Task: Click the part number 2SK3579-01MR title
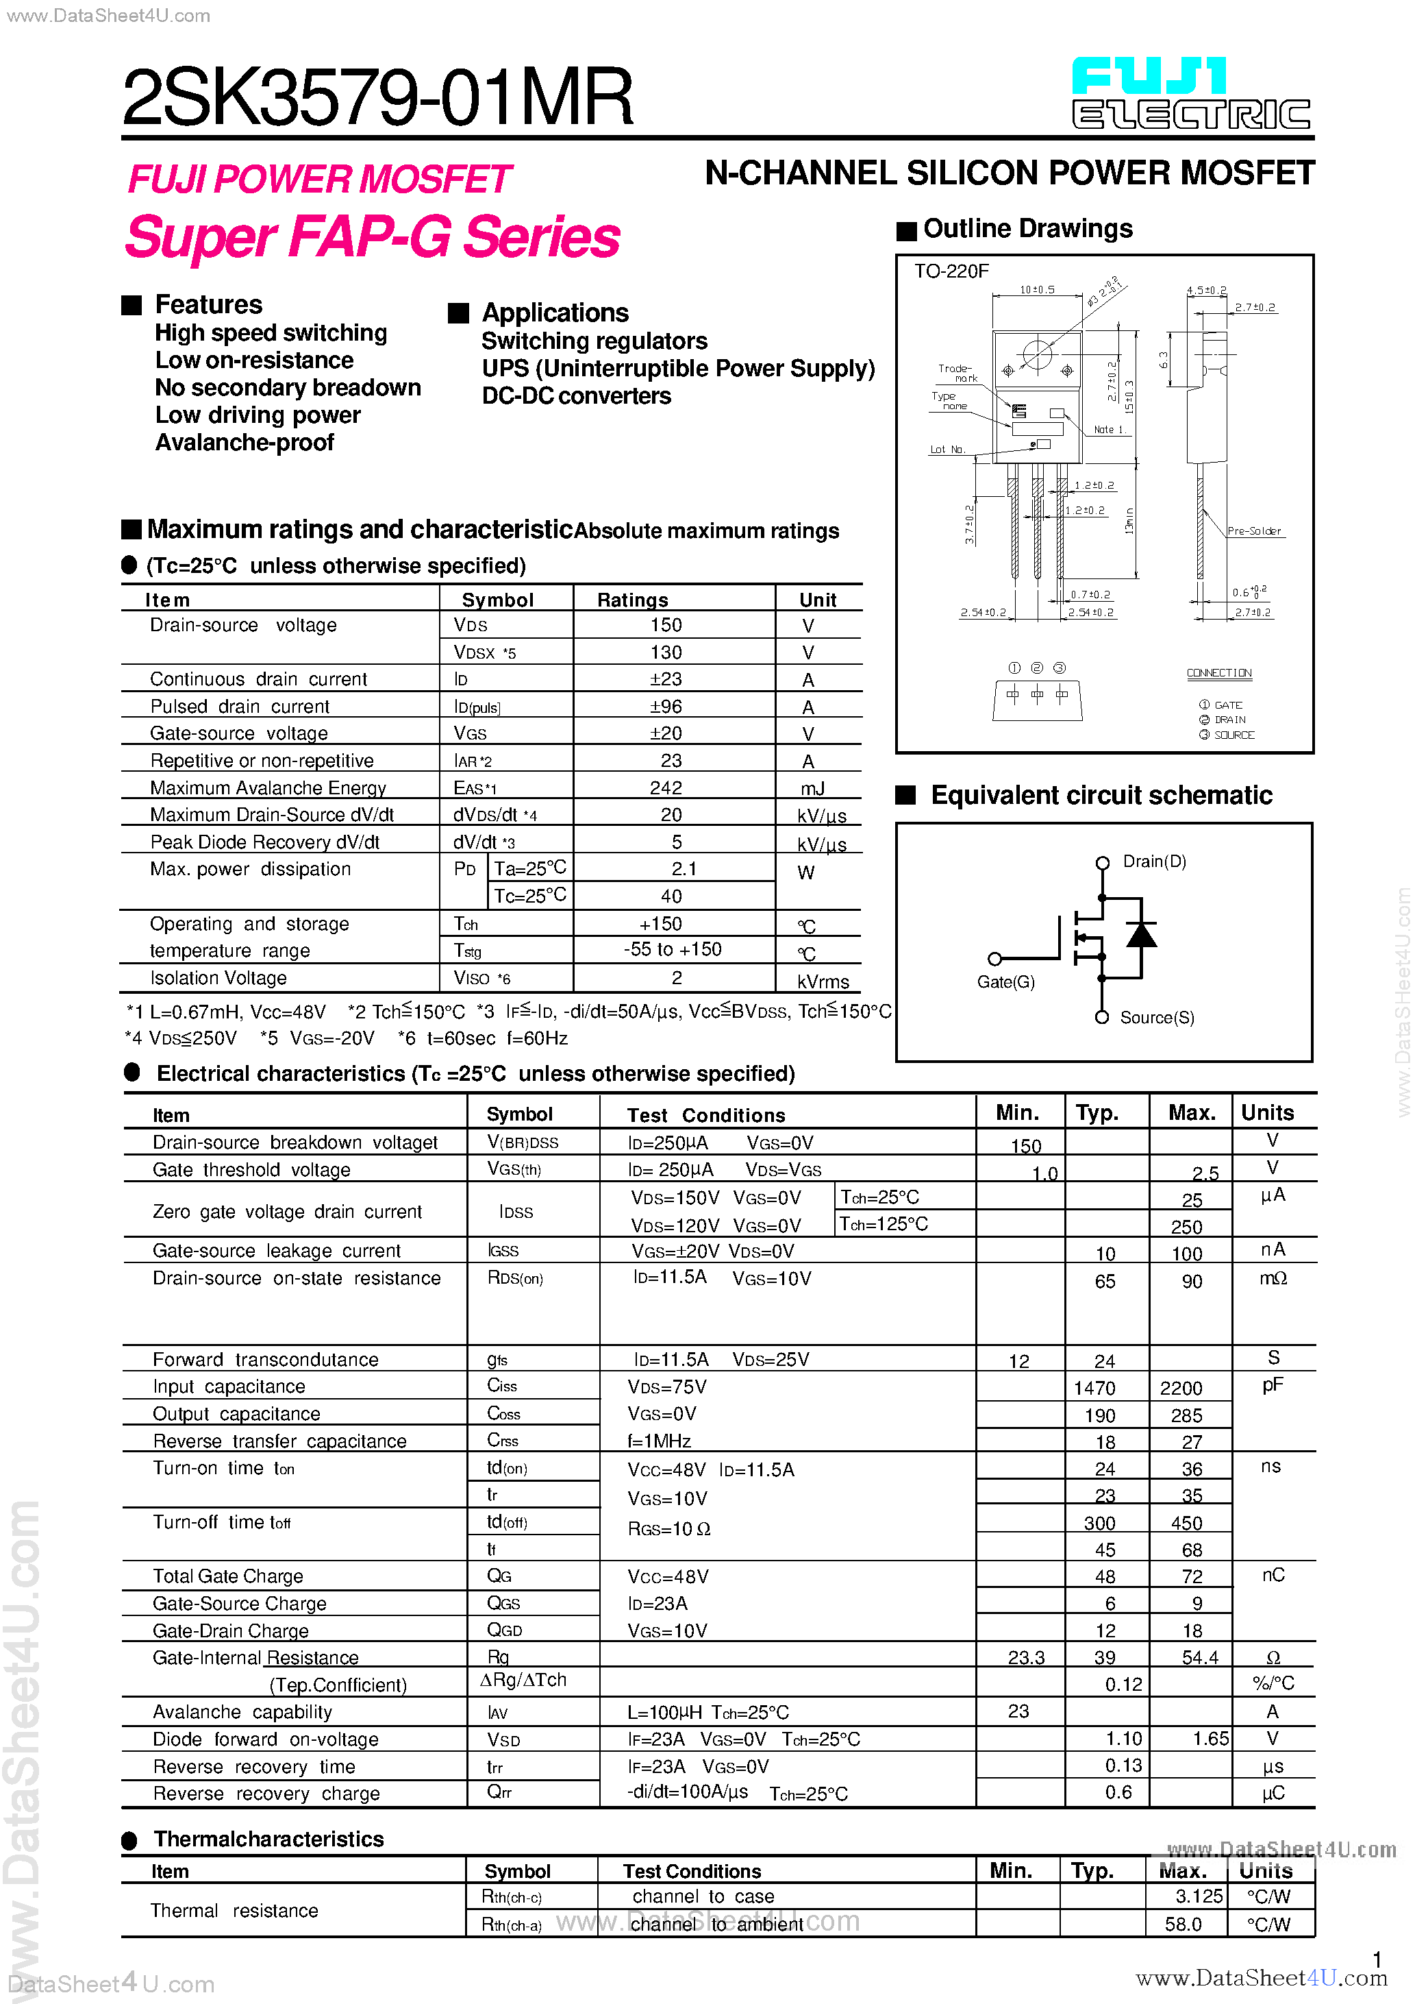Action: click(377, 98)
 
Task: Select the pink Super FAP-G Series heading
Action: click(373, 237)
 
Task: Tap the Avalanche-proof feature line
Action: click(245, 443)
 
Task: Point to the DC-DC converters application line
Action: click(576, 396)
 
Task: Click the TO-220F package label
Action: click(951, 271)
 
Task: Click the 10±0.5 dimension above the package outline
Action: click(1036, 290)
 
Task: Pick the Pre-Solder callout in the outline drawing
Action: click(1253, 530)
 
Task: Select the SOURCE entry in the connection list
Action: click(1233, 735)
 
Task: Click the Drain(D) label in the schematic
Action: click(1153, 862)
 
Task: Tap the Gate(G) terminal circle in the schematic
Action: click(994, 958)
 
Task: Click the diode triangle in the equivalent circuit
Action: click(1141, 935)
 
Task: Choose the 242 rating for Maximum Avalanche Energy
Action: click(666, 788)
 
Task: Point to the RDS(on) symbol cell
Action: click(515, 1279)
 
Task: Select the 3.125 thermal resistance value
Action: click(1198, 1896)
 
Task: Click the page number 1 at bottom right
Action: click(1377, 1959)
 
